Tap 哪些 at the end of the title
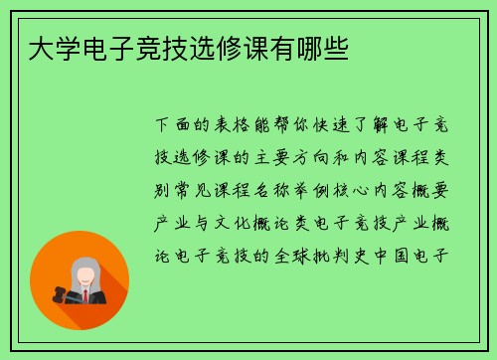coord(325,47)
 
